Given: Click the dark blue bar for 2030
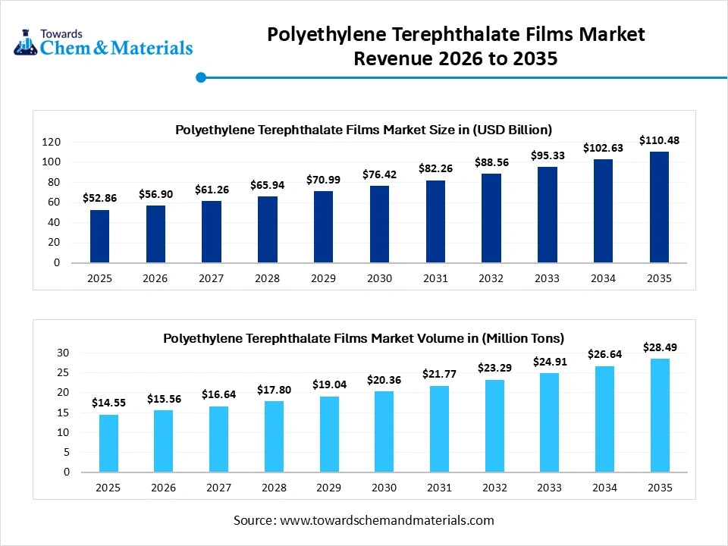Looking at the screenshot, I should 379,224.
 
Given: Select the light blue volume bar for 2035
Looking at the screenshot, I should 659,415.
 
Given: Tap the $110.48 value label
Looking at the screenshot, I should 659,140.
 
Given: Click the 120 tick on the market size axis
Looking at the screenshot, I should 52,142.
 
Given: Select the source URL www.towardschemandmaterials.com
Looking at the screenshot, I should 387,520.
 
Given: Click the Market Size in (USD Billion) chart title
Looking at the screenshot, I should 363,130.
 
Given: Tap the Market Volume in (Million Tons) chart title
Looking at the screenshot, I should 363,338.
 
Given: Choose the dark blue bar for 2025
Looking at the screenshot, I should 99,237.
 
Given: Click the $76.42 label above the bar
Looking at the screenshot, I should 379,174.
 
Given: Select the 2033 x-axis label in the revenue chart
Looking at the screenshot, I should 548,278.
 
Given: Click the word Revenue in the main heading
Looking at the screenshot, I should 389,58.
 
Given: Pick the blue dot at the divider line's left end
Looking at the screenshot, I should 201,77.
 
